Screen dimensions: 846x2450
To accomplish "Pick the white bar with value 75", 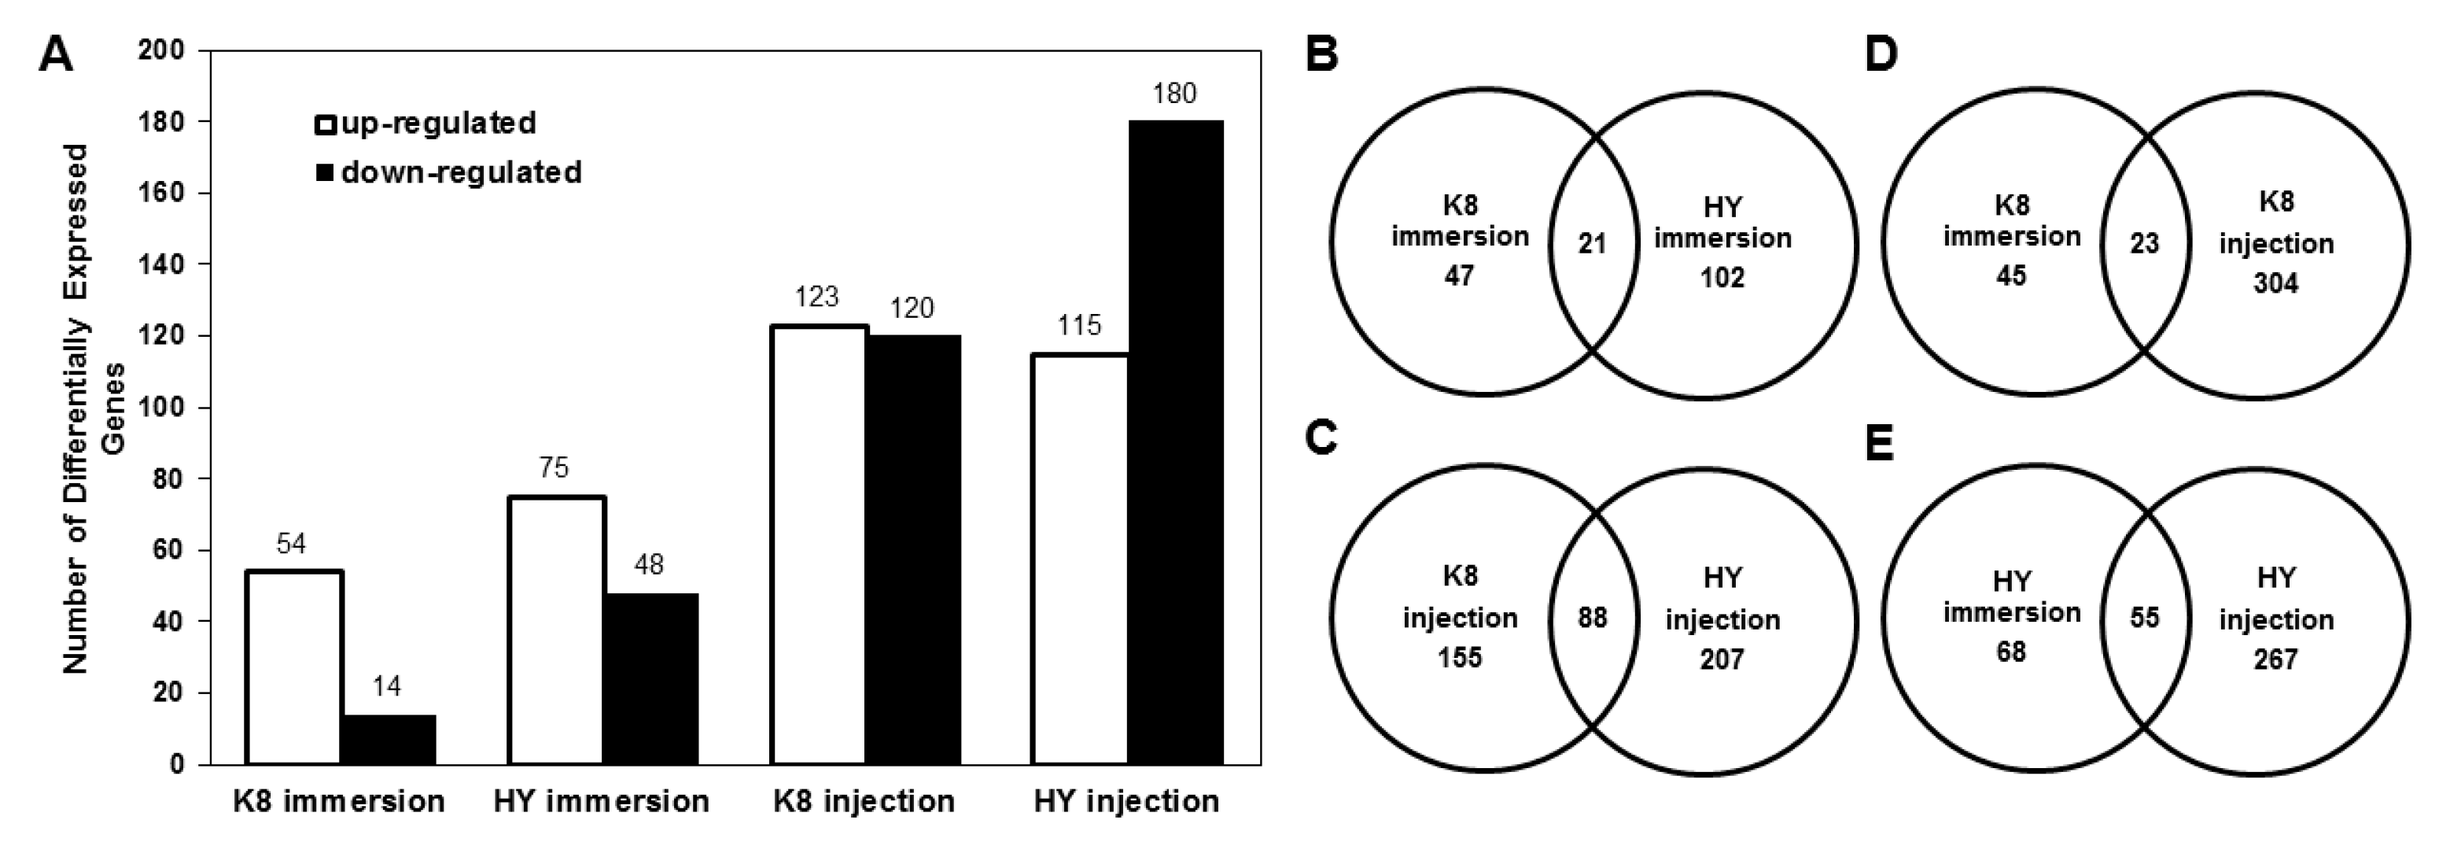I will coord(556,630).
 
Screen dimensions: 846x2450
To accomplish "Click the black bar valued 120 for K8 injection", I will coord(913,549).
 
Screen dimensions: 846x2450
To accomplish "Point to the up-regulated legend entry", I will coord(427,124).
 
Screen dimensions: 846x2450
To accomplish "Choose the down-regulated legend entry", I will coord(449,172).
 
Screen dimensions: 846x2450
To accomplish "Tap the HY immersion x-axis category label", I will coord(601,801).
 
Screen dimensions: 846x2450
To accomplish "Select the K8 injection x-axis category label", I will coord(864,801).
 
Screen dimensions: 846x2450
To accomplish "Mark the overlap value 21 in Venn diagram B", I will coord(1592,244).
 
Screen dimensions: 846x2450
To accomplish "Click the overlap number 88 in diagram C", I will coord(1592,618).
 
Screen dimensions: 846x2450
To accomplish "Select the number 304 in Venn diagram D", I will coord(2275,283).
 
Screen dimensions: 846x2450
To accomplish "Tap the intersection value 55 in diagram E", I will coord(2144,618).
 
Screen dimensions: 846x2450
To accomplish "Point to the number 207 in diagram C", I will coord(1722,659).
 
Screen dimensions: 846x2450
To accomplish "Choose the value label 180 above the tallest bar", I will coord(1173,94).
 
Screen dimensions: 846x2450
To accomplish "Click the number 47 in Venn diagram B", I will coord(1459,276).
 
